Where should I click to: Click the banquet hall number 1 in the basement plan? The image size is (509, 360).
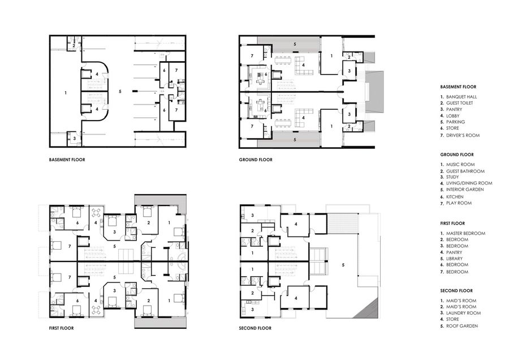[66, 93]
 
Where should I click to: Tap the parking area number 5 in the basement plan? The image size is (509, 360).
[120, 92]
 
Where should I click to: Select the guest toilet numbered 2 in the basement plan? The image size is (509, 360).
[74, 46]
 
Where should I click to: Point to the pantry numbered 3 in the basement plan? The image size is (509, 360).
[74, 139]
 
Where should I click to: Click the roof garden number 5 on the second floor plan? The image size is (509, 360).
[343, 265]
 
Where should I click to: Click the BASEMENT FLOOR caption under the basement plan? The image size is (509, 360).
[67, 160]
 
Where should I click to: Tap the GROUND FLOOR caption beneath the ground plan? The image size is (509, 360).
[256, 160]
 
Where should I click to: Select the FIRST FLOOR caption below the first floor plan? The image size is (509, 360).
[61, 328]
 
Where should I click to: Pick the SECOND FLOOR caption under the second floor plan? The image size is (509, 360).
[255, 328]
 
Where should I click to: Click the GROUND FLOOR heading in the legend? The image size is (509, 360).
[457, 155]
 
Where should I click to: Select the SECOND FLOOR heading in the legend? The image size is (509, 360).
[456, 291]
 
